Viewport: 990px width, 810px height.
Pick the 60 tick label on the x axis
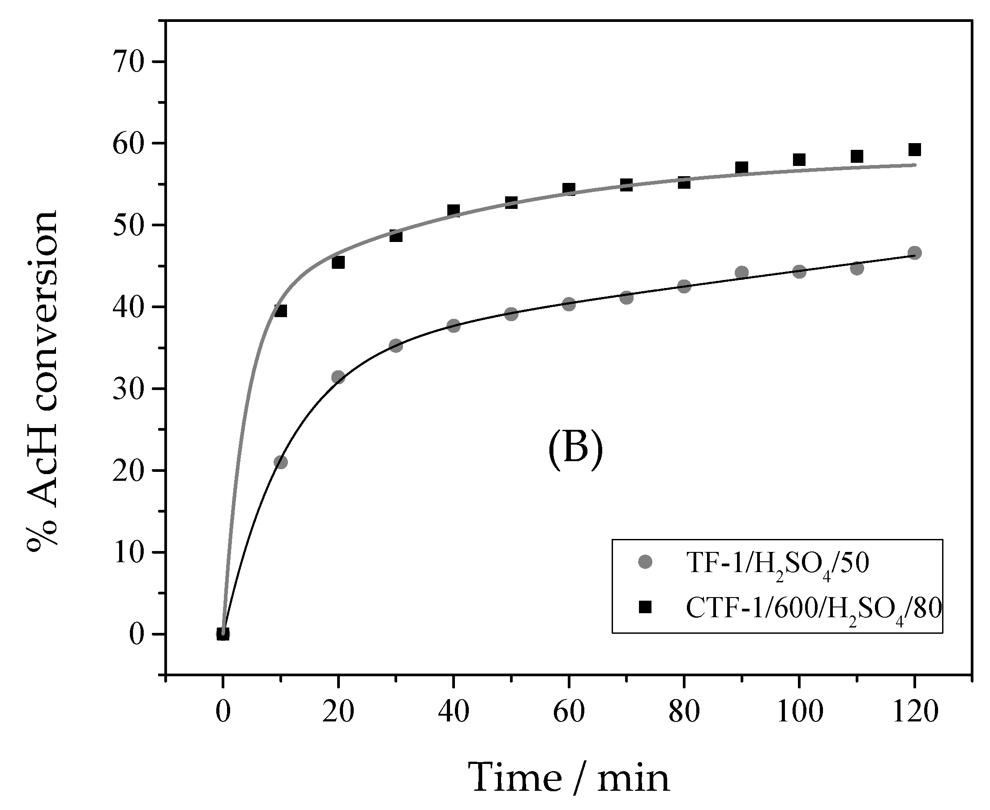tap(569, 712)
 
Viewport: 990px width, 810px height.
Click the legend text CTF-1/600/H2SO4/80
tap(813, 609)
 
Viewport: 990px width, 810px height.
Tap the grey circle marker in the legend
tap(646, 562)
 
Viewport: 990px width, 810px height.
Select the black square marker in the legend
tap(646, 607)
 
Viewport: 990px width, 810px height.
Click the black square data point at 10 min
tap(281, 311)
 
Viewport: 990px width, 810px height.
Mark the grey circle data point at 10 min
tap(281, 462)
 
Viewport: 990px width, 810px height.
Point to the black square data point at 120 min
tap(914, 150)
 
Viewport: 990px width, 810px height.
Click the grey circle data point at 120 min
tap(914, 253)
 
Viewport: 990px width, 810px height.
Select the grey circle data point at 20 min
tap(338, 377)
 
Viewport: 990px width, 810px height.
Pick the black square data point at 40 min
tap(454, 210)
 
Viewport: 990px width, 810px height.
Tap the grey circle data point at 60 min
tap(569, 305)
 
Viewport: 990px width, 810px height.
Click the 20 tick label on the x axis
tap(338, 712)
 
